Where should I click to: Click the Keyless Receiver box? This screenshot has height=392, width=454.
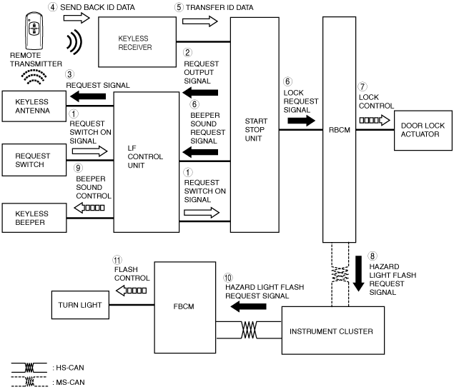click(x=137, y=42)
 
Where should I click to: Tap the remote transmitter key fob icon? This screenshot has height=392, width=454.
click(x=34, y=31)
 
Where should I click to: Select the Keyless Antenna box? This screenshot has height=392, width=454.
click(x=34, y=106)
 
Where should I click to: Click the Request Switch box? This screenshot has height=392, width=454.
click(x=34, y=160)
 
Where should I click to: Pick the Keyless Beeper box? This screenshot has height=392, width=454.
click(x=34, y=218)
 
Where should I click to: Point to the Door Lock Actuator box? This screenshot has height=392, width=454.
click(x=423, y=130)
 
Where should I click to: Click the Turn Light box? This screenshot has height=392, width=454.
click(x=80, y=305)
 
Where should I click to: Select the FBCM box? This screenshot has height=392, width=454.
click(x=185, y=307)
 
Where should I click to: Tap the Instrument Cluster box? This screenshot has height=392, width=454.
click(x=333, y=331)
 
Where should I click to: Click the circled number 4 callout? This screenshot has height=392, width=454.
click(x=52, y=7)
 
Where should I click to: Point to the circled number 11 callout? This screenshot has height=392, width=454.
click(x=117, y=260)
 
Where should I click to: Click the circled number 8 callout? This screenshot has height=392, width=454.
click(x=372, y=256)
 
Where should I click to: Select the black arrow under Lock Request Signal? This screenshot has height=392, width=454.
click(x=301, y=120)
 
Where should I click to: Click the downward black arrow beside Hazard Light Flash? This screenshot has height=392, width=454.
click(x=359, y=273)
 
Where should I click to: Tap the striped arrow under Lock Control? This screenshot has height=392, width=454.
click(x=375, y=120)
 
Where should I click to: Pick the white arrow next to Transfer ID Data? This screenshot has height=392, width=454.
click(x=199, y=21)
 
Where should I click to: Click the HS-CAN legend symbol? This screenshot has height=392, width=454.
click(x=29, y=368)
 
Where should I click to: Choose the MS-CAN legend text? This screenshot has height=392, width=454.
click(x=69, y=383)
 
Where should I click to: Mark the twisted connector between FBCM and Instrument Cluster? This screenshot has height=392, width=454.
click(x=249, y=330)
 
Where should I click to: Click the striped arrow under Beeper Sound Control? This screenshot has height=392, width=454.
click(x=89, y=208)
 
